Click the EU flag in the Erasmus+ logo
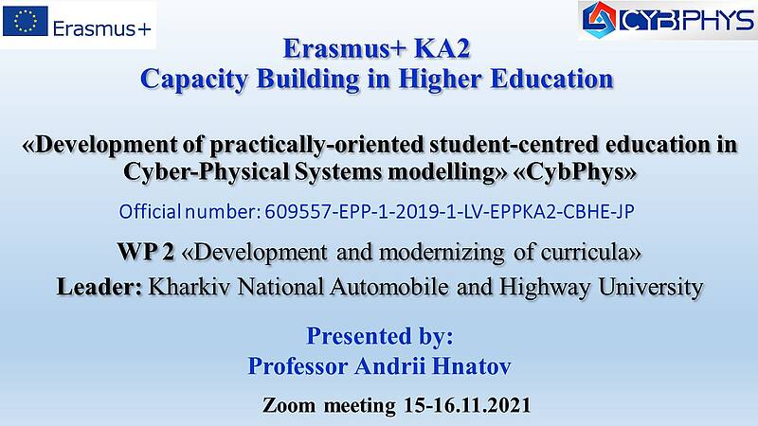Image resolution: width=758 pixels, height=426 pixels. [26, 21]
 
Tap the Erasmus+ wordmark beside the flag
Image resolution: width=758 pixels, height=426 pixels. [102, 29]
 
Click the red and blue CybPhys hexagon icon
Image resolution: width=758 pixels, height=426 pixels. [599, 19]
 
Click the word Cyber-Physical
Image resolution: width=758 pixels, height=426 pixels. [207, 171]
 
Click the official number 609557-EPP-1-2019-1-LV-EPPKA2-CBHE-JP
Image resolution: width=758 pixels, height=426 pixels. [449, 211]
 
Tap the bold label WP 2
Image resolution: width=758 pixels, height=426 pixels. [146, 252]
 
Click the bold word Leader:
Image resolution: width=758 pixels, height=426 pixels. [99, 287]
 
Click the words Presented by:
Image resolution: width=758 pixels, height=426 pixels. [380, 336]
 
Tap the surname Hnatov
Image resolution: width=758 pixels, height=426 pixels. [471, 365]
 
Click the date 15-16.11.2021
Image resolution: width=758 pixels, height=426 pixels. [467, 405]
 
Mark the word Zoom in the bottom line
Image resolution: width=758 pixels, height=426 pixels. [289, 405]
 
